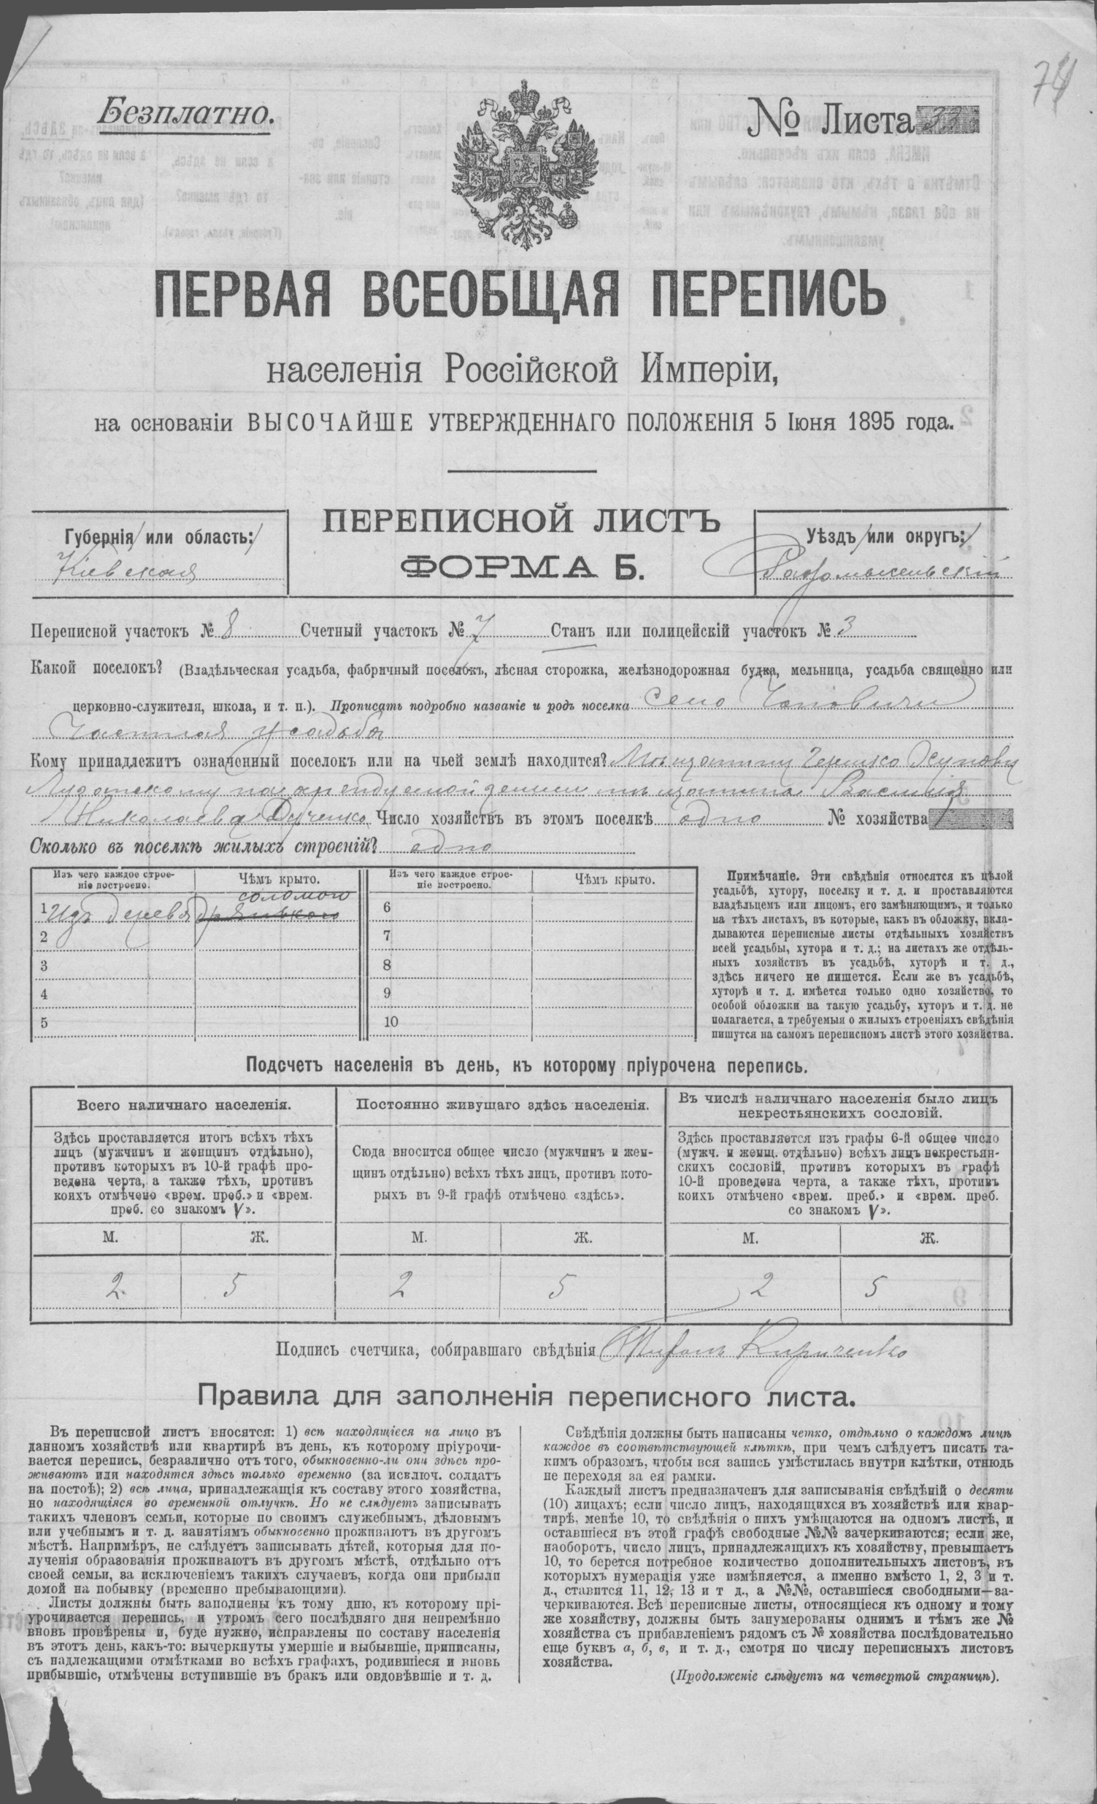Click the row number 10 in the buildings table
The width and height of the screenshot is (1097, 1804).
pyautogui.click(x=390, y=1021)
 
